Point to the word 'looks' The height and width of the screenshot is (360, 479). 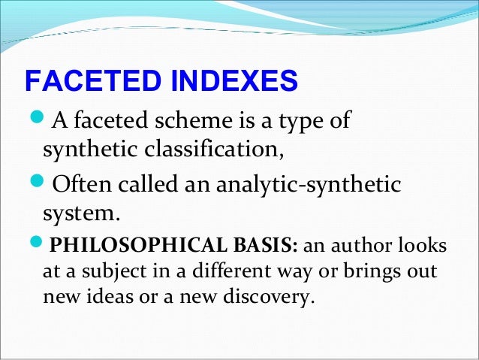pos(425,247)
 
